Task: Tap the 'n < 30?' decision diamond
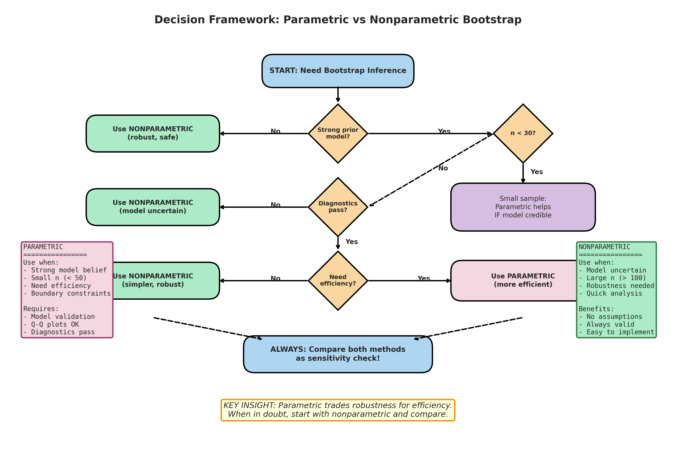click(523, 133)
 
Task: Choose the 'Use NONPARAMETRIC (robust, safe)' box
click(153, 133)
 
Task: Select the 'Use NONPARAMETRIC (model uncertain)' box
click(153, 207)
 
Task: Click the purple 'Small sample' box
click(523, 207)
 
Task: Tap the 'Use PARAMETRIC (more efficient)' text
click(523, 280)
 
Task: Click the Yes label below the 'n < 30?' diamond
click(537, 172)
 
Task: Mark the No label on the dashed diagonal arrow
click(443, 168)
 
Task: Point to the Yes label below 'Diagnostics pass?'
click(351, 242)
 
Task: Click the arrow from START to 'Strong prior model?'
click(338, 94)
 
